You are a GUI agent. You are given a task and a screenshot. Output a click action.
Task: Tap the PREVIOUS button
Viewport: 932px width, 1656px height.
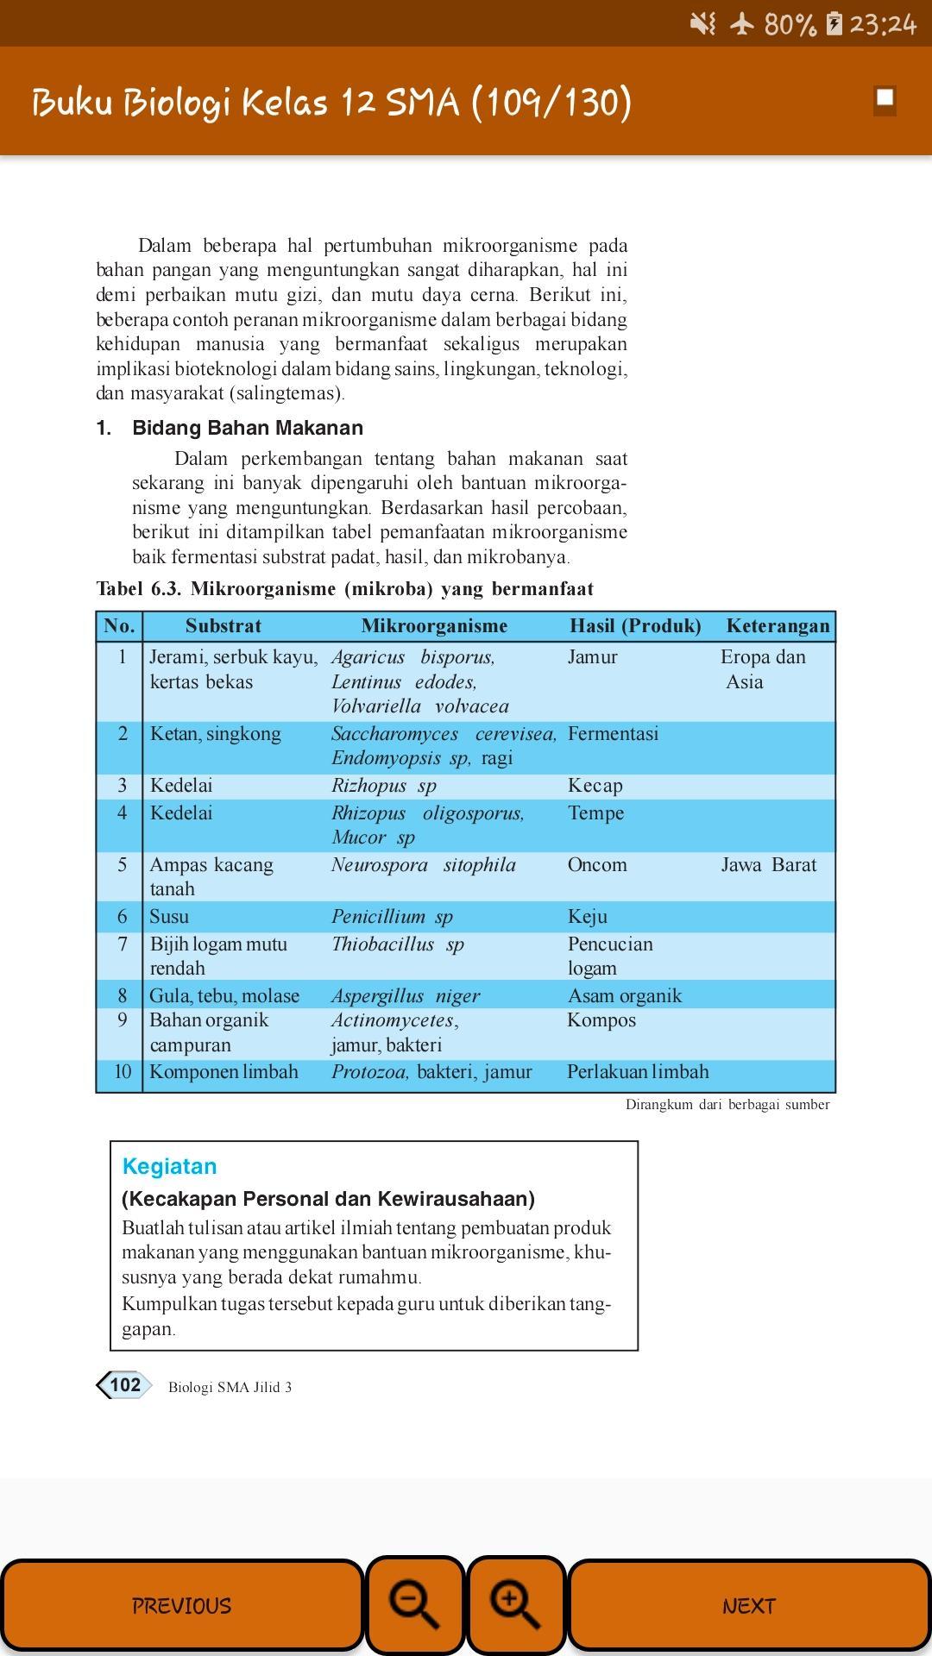[181, 1605]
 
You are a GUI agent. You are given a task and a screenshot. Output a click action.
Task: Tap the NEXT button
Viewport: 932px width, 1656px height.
[748, 1605]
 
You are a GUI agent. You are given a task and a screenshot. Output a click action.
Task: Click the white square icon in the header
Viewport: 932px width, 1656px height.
[885, 99]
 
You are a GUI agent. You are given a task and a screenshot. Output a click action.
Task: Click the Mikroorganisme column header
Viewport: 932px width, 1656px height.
[434, 626]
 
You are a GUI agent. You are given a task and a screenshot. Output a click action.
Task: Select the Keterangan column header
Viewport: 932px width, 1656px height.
[778, 626]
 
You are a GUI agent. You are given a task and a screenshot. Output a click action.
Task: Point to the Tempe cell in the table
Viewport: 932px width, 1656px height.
[595, 813]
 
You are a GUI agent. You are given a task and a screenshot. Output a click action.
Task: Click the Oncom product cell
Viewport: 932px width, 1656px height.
[597, 865]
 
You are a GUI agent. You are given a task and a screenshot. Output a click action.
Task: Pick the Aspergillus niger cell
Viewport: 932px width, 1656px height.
[406, 996]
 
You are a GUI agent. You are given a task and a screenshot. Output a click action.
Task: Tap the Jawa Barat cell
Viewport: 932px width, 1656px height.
[768, 865]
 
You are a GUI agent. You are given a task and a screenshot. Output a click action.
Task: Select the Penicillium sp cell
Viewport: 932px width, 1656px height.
[392, 917]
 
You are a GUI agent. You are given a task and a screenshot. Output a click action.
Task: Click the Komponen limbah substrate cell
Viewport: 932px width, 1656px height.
[224, 1072]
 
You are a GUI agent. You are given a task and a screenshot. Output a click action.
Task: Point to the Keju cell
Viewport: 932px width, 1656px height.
[588, 917]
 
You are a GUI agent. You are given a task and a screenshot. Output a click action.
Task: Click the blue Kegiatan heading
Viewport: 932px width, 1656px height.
[169, 1166]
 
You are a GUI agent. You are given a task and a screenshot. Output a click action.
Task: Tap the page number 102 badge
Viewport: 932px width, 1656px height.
[124, 1385]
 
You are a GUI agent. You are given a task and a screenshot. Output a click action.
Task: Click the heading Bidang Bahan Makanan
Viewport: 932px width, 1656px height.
[247, 428]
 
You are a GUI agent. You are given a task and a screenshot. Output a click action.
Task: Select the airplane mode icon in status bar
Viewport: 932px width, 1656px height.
[741, 23]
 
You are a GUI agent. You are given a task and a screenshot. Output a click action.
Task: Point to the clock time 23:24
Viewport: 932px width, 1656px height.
[882, 23]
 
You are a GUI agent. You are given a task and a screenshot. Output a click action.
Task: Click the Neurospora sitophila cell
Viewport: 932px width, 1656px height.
[423, 865]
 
